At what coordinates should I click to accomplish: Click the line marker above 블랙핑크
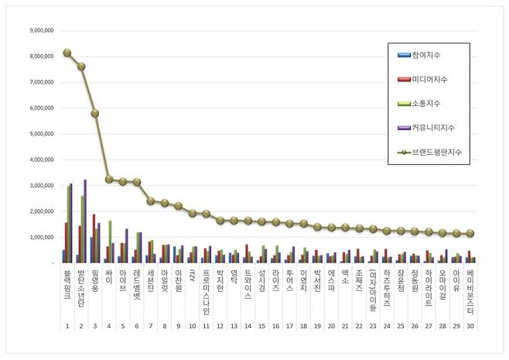point(67,53)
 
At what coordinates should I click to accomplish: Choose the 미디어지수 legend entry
point(426,79)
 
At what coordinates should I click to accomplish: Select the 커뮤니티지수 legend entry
point(429,127)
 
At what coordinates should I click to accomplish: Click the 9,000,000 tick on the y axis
point(40,31)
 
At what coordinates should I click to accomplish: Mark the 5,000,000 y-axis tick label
point(40,134)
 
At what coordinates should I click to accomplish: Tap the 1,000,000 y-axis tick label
point(40,237)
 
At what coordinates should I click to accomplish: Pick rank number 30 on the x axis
point(470,327)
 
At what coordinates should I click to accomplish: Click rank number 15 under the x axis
point(261,327)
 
